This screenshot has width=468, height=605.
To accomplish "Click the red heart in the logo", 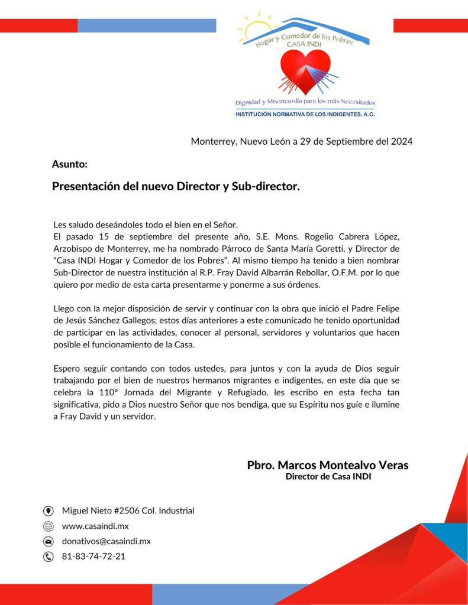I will pyautogui.click(x=305, y=70).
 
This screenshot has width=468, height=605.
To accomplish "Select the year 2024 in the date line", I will pyautogui.click(x=401, y=141).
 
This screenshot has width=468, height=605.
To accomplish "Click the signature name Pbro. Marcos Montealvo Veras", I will pyautogui.click(x=327, y=465).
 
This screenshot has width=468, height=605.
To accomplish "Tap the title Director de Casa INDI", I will pyautogui.click(x=328, y=477).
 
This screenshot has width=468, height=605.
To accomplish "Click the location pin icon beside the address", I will pyautogui.click(x=49, y=511).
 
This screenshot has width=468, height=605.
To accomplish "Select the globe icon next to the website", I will pyautogui.click(x=49, y=526).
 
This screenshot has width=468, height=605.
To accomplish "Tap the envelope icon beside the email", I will pyautogui.click(x=49, y=541).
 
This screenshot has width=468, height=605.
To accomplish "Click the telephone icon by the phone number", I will pyautogui.click(x=49, y=557).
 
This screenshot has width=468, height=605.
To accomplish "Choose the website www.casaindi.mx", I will pyautogui.click(x=95, y=526).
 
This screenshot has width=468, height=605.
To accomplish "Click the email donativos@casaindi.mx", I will pyautogui.click(x=106, y=541).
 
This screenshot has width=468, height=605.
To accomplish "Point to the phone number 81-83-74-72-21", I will pyautogui.click(x=93, y=557).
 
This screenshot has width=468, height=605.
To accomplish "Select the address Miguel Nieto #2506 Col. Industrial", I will pyautogui.click(x=128, y=510).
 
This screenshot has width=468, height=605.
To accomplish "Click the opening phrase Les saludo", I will pyautogui.click(x=73, y=225).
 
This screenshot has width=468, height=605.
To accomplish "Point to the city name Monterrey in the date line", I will pyautogui.click(x=214, y=141).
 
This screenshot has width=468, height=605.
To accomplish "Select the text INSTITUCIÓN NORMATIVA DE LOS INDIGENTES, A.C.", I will pyautogui.click(x=305, y=114).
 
